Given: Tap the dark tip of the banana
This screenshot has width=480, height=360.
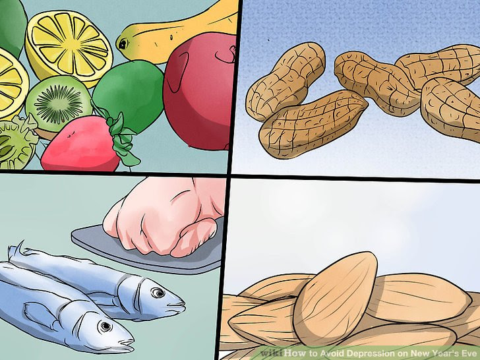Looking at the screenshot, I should click(121, 44).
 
